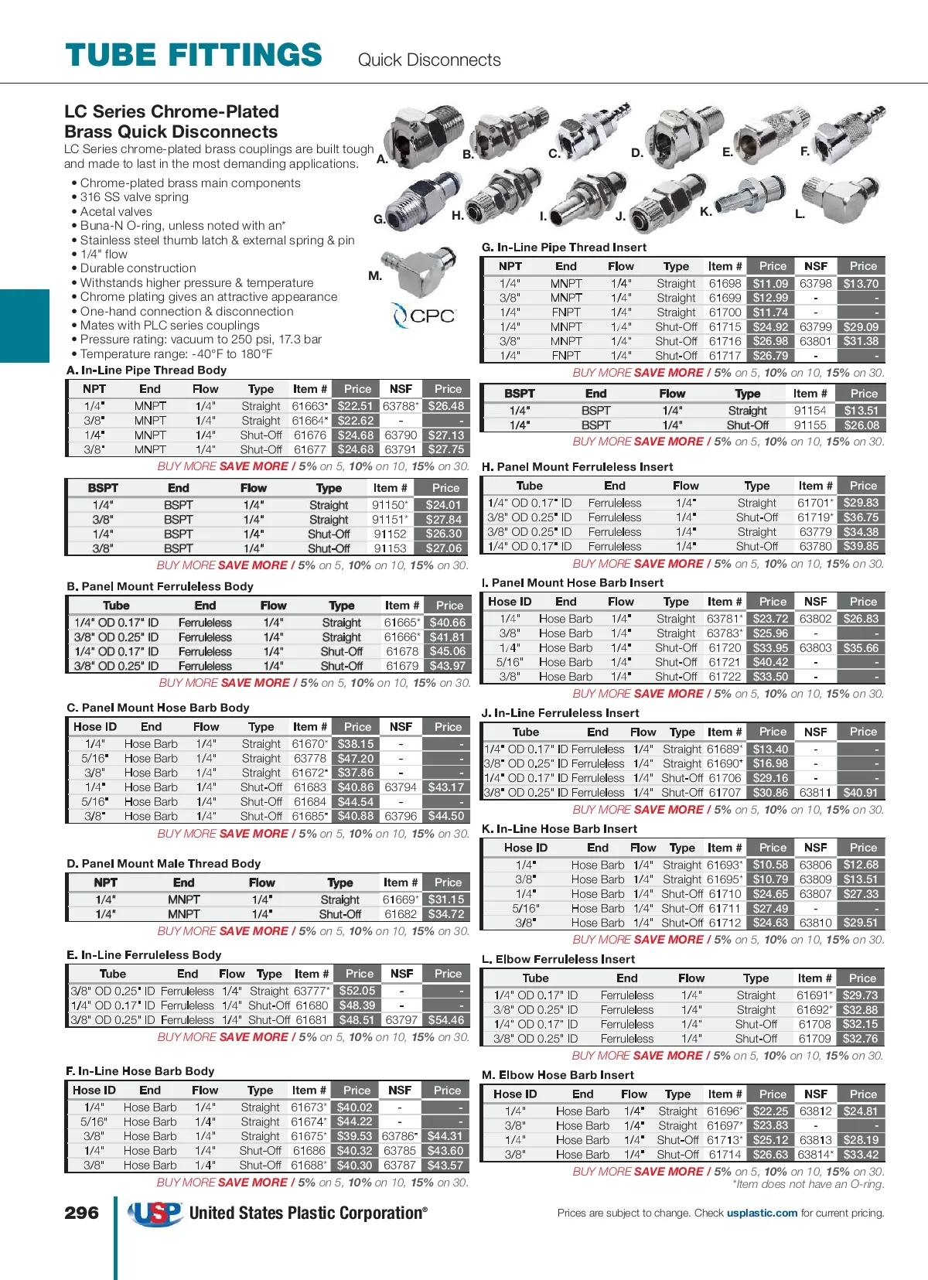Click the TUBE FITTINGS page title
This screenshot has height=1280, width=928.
193,56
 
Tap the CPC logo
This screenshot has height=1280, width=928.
424,316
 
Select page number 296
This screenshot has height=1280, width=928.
81,1213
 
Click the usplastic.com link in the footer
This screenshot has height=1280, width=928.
762,1213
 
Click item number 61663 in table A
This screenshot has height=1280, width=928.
309,406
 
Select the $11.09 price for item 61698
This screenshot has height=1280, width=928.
770,284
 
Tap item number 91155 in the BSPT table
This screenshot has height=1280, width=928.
810,425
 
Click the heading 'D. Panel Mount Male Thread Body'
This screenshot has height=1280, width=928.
163,863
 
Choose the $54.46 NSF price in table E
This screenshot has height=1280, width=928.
446,1020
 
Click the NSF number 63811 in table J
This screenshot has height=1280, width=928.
815,793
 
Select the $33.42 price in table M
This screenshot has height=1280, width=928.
861,1155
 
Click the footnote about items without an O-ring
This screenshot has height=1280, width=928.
808,1184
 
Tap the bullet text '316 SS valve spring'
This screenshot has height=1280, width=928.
135,197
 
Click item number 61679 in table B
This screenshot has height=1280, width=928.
402,666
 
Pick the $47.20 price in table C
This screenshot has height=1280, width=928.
356,759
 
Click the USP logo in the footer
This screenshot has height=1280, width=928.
156,1213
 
